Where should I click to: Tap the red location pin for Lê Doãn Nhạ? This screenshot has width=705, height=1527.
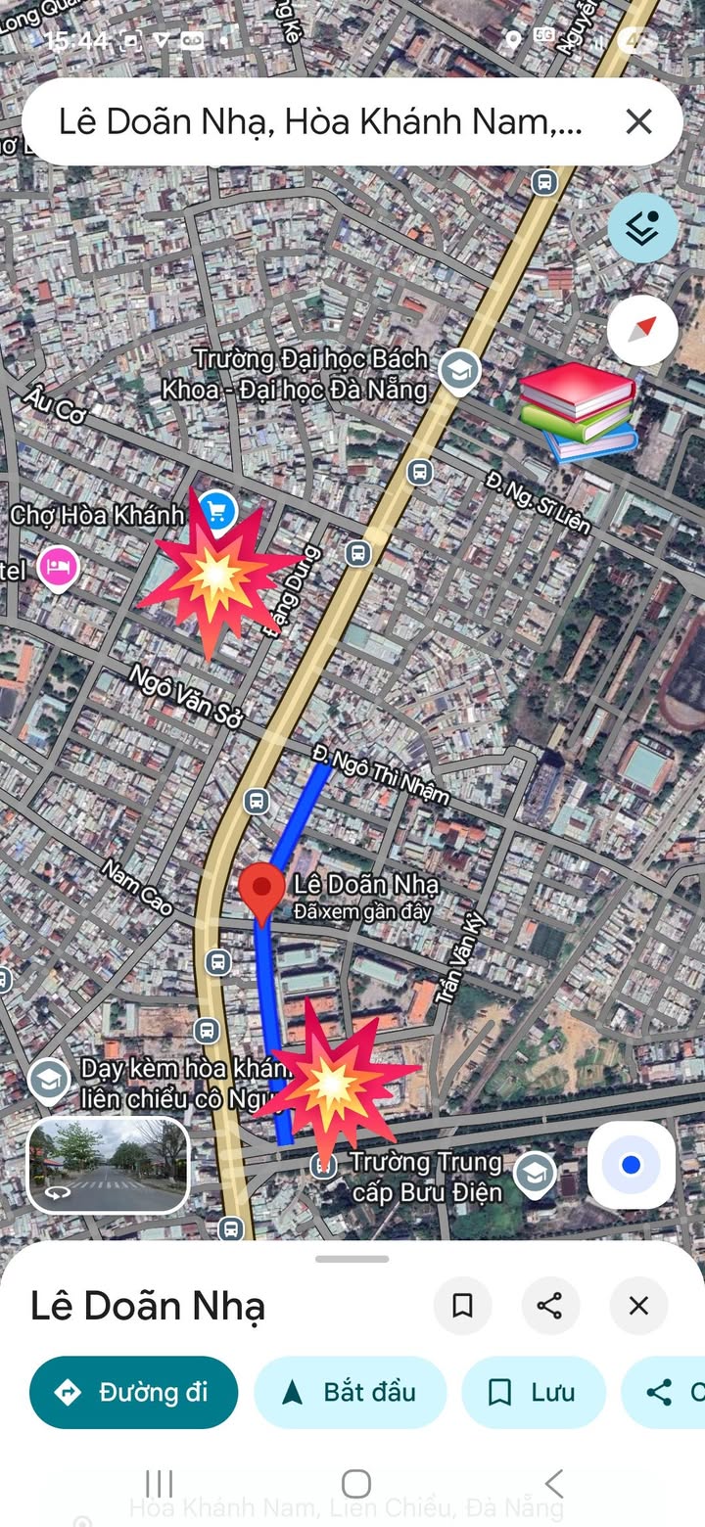(261, 887)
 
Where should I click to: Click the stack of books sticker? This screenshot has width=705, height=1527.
(578, 412)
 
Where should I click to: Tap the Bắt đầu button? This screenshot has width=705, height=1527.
(351, 1392)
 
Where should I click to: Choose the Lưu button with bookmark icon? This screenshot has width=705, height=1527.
(534, 1392)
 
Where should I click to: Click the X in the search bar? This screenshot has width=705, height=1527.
(638, 122)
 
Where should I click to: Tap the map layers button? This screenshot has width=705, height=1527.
(642, 227)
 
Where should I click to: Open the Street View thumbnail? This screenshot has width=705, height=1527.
(108, 1165)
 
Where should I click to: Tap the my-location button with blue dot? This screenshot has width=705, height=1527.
(631, 1165)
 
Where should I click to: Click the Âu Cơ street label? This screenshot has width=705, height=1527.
(57, 404)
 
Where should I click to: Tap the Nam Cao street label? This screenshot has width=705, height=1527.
(137, 886)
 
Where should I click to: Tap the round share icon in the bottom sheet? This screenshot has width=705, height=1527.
(550, 1305)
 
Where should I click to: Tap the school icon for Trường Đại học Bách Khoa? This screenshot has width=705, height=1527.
(457, 371)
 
